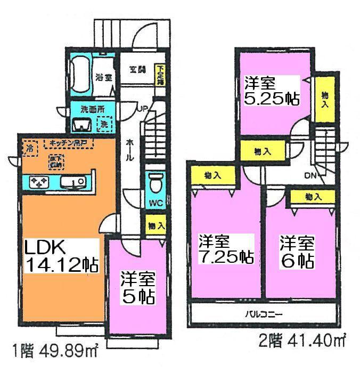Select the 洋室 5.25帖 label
click(x=271, y=91)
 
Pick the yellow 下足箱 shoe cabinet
click(x=159, y=75)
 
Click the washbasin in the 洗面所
click(x=81, y=124)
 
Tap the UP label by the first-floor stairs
click(x=143, y=109)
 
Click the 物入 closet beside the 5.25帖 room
click(x=324, y=99)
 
